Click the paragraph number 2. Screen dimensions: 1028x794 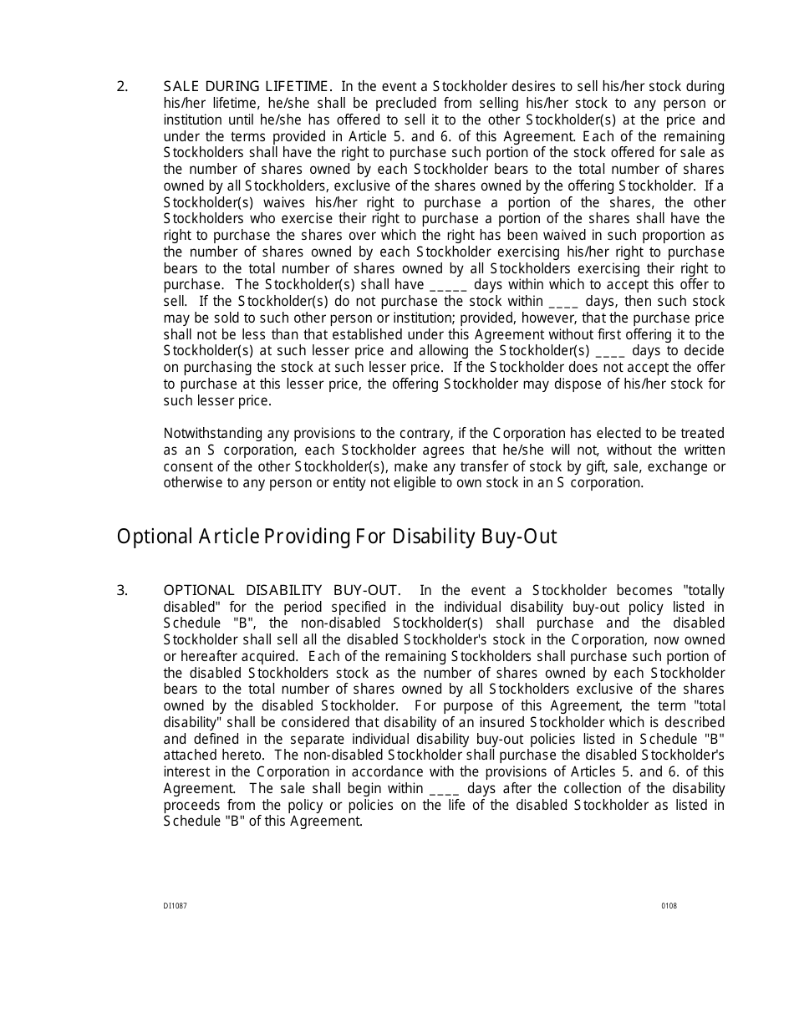[x=122, y=86]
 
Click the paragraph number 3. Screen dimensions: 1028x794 [x=122, y=590]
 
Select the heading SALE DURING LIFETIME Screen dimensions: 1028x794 [x=247, y=86]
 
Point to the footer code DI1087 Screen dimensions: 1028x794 [x=175, y=906]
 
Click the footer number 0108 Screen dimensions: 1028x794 [x=669, y=906]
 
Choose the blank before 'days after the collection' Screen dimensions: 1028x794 [x=443, y=789]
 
